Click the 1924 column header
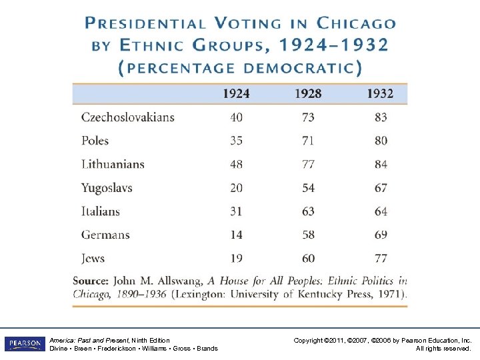coord(236,94)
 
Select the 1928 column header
coord(308,94)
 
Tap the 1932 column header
coord(380,94)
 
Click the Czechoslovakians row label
coord(127,117)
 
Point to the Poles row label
coord(95,141)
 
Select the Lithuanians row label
coord(113,164)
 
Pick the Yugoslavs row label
coord(107,188)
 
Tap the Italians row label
coord(101,211)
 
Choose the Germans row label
coord(105,235)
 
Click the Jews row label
coord(93,258)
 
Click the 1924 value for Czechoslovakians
coord(236,117)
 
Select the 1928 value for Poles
coord(308,141)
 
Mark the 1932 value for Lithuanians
coord(380,164)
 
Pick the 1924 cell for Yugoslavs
coord(236,188)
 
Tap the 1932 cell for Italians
coord(380,211)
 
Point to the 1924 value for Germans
coord(236,235)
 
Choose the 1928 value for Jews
coord(308,258)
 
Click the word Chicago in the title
coord(356,23)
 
